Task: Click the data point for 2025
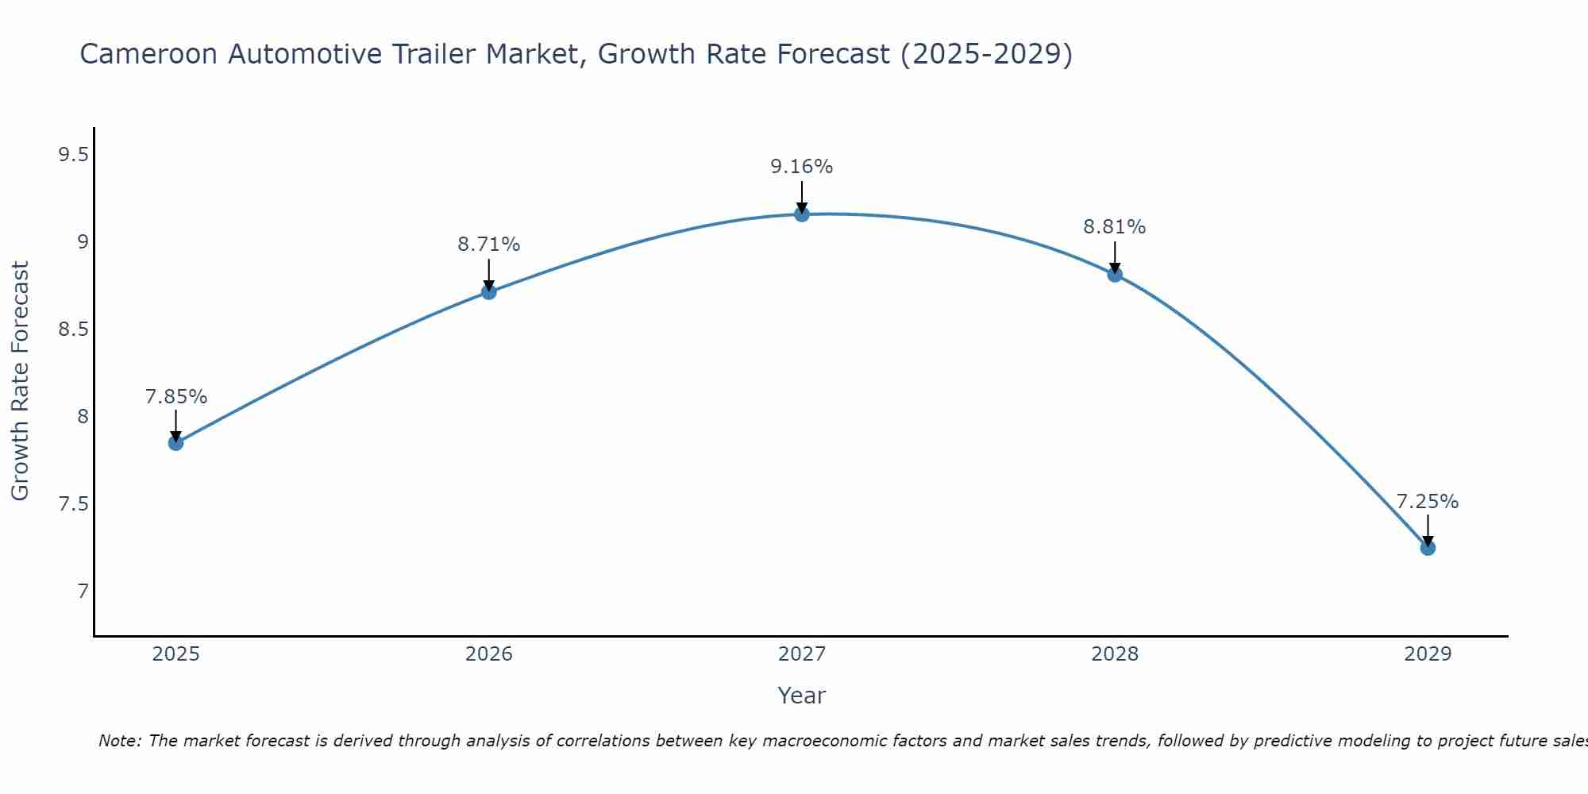pos(175,443)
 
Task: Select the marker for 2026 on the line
pos(489,292)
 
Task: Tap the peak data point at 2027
pos(802,214)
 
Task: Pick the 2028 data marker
pos(1115,275)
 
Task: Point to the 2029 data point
pos(1428,548)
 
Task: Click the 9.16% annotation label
pos(802,167)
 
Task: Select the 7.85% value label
pos(176,397)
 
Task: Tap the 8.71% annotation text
pos(489,245)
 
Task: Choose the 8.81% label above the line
pos(1115,227)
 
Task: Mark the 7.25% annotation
pos(1428,502)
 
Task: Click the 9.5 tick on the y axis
pos(73,155)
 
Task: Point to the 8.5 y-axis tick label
pos(73,330)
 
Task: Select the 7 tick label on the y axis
pos(83,592)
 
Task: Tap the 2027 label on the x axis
pos(802,654)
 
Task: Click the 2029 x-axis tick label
pos(1428,654)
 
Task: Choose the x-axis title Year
pos(802,696)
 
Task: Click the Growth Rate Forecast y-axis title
pos(20,381)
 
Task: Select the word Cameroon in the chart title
pos(148,54)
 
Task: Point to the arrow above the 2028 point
pos(1115,257)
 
